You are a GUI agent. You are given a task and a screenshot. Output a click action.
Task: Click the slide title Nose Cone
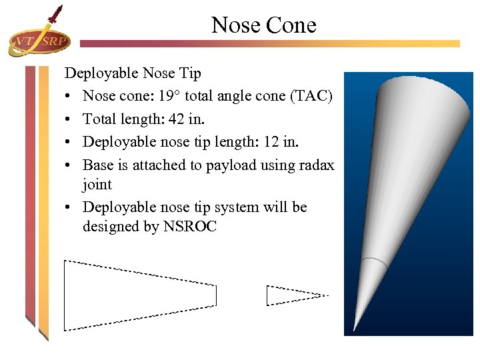click(264, 25)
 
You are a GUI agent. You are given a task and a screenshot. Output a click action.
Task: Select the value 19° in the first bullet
click(170, 96)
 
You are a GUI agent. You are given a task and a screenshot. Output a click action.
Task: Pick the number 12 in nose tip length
click(275, 143)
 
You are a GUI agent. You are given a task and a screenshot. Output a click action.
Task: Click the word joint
click(97, 184)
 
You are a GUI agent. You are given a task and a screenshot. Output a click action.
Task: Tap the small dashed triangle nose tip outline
click(293, 295)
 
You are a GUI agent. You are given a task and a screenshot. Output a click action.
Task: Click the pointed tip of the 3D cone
click(355, 328)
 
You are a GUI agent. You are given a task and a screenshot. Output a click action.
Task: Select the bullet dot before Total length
click(69, 120)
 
